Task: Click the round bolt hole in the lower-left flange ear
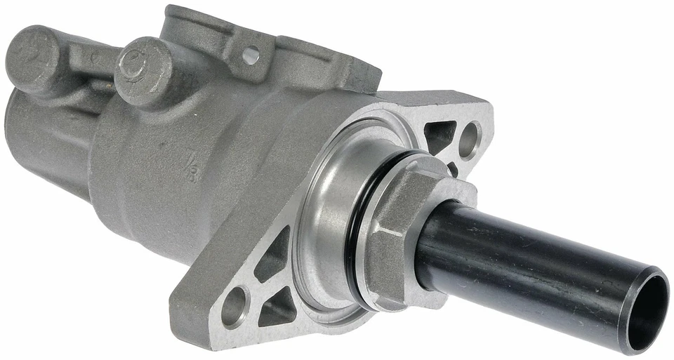(234, 307)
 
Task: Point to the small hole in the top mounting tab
(251, 55)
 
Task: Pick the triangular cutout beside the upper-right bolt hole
(441, 135)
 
